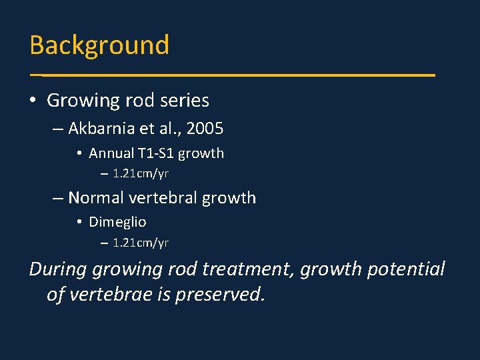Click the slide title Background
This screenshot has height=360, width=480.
[x=99, y=45]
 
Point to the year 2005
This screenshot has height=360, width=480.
[x=205, y=128]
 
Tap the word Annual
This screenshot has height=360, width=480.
[x=109, y=153]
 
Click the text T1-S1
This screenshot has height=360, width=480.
[x=155, y=153]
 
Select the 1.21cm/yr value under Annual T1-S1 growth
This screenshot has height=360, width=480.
[x=141, y=174]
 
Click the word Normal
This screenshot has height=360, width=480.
[x=97, y=198]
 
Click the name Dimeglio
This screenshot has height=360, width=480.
[x=117, y=221]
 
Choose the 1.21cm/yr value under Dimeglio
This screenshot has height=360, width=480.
[x=141, y=243]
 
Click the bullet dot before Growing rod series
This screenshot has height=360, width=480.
[x=33, y=101]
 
